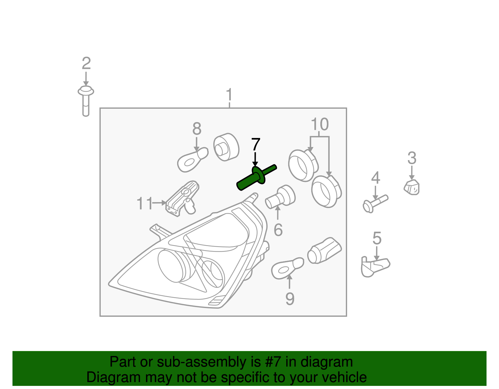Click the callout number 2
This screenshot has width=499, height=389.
(x=86, y=64)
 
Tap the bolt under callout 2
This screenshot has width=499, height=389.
(x=86, y=101)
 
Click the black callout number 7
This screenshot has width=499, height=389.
(x=256, y=145)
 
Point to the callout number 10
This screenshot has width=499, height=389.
(x=320, y=124)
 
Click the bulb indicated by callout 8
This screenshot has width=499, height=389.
(x=192, y=159)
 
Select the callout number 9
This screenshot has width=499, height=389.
(x=290, y=299)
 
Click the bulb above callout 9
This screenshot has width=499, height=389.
(x=287, y=268)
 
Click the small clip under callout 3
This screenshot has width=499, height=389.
(x=412, y=187)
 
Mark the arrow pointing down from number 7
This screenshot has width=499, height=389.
(x=255, y=159)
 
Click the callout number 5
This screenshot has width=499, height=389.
(x=377, y=238)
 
